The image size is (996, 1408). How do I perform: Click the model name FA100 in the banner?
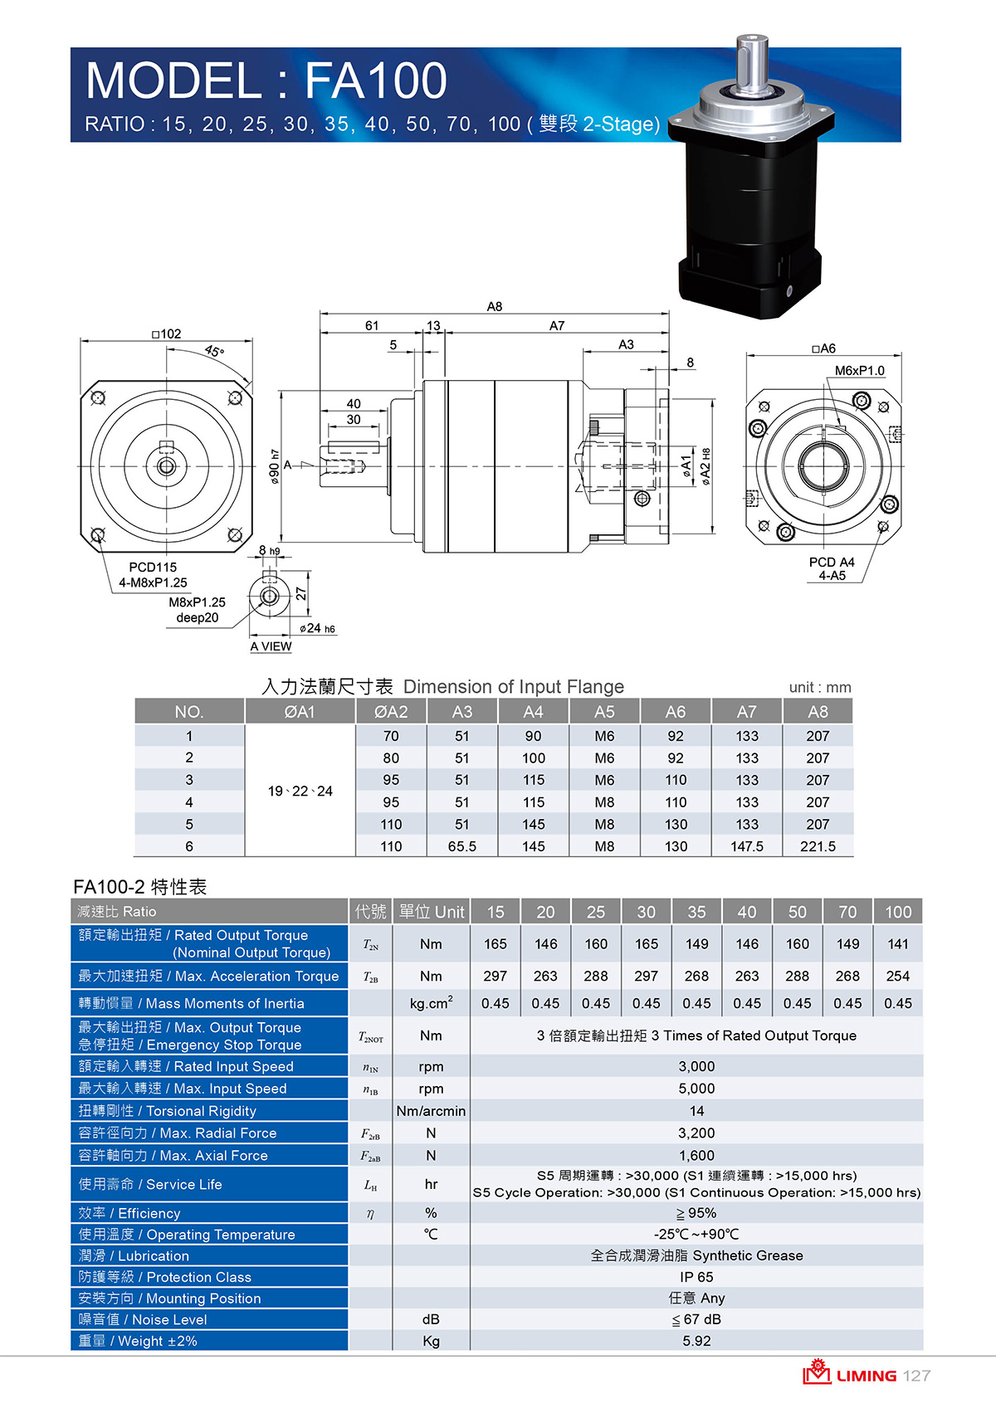376,80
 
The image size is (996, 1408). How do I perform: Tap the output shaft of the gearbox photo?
753,63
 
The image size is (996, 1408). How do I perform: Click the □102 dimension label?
167,334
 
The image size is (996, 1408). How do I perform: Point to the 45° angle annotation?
214,351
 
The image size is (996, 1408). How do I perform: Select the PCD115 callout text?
153,567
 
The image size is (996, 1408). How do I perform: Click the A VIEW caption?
271,646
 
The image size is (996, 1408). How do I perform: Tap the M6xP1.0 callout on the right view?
860,371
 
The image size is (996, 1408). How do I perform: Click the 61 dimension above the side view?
372,325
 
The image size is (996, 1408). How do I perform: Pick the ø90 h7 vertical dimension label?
274,466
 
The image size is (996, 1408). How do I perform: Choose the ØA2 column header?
391,712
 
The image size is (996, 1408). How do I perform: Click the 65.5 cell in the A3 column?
462,846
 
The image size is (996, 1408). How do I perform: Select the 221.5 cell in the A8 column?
818,846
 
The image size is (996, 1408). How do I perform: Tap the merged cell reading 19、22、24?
300,791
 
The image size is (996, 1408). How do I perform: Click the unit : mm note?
820,687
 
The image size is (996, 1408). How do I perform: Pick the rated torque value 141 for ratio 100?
898,943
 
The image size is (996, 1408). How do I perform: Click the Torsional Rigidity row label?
168,1111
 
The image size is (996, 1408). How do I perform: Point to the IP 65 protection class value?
696,1277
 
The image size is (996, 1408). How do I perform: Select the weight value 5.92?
696,1341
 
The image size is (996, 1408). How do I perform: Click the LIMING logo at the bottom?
849,1374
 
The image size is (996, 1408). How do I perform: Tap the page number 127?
916,1376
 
